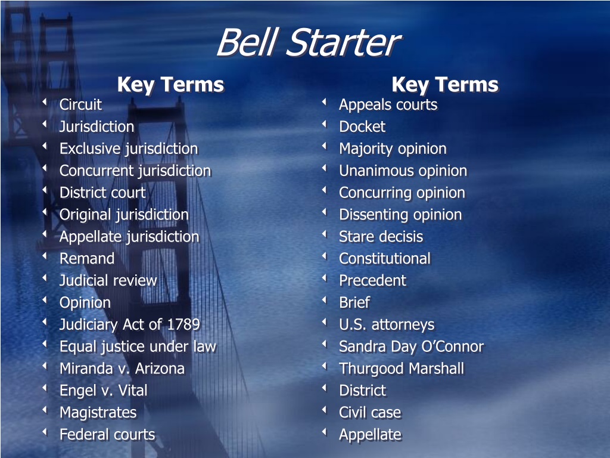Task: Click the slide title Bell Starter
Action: tap(309, 42)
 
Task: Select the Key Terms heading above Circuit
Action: tap(171, 85)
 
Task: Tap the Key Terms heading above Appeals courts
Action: tap(445, 85)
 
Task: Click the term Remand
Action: tap(87, 259)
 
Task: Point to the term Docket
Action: tap(362, 126)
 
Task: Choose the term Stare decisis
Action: tap(381, 237)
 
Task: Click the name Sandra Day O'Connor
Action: tap(411, 346)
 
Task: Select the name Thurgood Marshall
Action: tap(402, 369)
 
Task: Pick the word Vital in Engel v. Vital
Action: tap(133, 391)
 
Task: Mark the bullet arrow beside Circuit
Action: tap(45, 102)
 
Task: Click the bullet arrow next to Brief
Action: tap(324, 300)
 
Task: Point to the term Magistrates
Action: tap(98, 413)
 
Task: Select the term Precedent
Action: tap(372, 281)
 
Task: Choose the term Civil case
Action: tap(370, 413)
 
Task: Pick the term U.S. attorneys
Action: tap(387, 325)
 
